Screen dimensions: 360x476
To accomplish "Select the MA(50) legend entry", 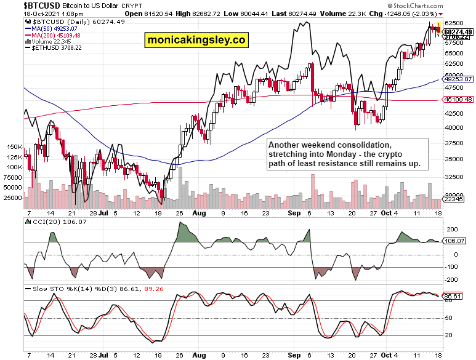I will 52,28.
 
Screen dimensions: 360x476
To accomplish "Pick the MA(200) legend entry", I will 54,34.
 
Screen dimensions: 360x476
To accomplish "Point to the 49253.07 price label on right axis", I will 459,79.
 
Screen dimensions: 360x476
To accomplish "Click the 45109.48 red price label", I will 459,99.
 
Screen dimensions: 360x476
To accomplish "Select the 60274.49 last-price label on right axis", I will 459,31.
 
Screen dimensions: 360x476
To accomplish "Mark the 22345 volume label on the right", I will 454,199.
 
